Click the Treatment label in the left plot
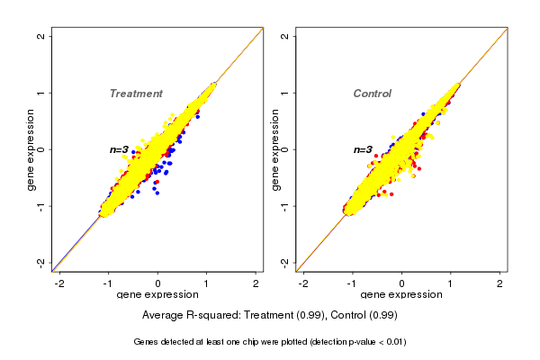tap(136, 94)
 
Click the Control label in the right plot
tap(372, 94)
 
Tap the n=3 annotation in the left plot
tap(120, 149)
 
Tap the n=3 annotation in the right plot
tap(363, 150)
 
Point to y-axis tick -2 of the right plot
tap(284, 262)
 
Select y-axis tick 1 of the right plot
tap(284, 93)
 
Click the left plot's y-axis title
tap(31, 149)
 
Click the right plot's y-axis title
tap(274, 149)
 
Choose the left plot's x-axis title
tap(157, 295)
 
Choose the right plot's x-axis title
tap(401, 295)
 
